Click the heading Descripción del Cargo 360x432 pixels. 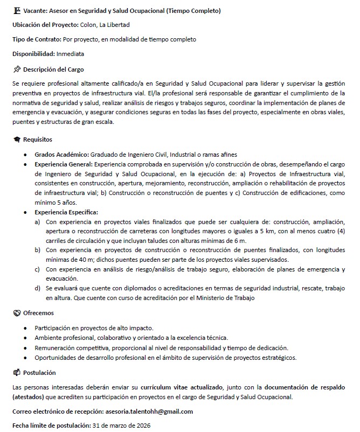(x=53, y=69)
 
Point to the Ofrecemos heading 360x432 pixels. (x=38, y=313)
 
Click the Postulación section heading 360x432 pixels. (x=39, y=373)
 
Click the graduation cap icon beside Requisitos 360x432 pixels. (x=17, y=140)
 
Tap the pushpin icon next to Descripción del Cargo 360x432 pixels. (x=17, y=69)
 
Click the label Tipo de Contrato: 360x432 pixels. (x=37, y=39)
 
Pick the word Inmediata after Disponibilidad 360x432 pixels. (x=70, y=54)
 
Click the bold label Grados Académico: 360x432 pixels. (x=62, y=154)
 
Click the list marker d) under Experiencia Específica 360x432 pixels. (x=37, y=288)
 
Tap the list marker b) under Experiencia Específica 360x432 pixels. (x=37, y=250)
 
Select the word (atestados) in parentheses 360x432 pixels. (x=30, y=397)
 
